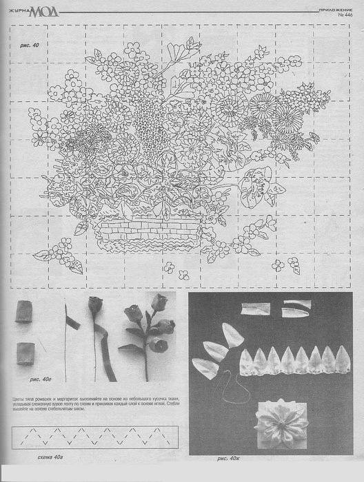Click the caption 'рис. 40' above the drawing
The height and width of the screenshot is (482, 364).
click(x=29, y=45)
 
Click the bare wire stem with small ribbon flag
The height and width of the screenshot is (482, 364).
click(x=68, y=337)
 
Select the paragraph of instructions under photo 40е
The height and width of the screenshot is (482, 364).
click(x=97, y=406)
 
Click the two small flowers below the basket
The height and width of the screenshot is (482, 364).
click(x=175, y=271)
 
